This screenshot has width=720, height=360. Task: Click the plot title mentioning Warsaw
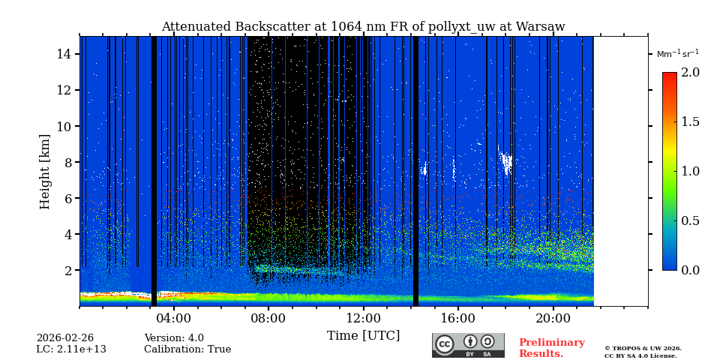(363, 27)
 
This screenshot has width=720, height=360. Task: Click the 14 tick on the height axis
(64, 54)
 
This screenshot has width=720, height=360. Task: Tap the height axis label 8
(67, 162)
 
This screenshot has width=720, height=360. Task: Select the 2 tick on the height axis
(67, 270)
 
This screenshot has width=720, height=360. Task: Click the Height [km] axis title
(45, 171)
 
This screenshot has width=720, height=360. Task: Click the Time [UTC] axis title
(363, 335)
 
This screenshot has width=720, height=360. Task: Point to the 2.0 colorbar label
(690, 72)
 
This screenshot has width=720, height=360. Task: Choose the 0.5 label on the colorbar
(690, 220)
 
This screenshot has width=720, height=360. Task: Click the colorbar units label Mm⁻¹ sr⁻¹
(677, 54)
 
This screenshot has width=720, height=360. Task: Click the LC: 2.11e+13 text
(71, 349)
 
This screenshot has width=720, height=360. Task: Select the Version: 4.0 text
(174, 338)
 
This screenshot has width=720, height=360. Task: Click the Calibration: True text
(187, 349)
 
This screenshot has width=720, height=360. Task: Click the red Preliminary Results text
(551, 348)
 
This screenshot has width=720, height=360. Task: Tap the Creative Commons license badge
(468, 345)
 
